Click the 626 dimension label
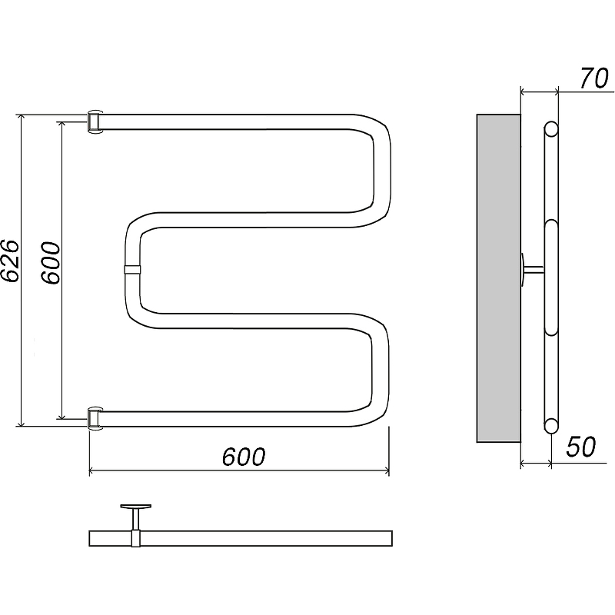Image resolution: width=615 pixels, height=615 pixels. click(x=9, y=260)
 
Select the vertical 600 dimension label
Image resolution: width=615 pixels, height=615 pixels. click(x=51, y=263)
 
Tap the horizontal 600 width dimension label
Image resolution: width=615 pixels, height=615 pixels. click(x=244, y=457)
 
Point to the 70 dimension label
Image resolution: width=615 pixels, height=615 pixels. click(x=593, y=78)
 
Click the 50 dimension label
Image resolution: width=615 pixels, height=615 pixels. click(x=581, y=447)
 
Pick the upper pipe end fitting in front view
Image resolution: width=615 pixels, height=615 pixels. click(x=95, y=122)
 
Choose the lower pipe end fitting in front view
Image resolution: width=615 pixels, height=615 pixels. click(x=95, y=418)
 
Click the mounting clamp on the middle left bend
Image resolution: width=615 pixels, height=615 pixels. click(x=131, y=270)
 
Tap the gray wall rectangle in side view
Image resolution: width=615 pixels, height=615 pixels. click(x=498, y=278)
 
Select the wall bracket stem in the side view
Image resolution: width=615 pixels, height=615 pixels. click(x=534, y=269)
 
